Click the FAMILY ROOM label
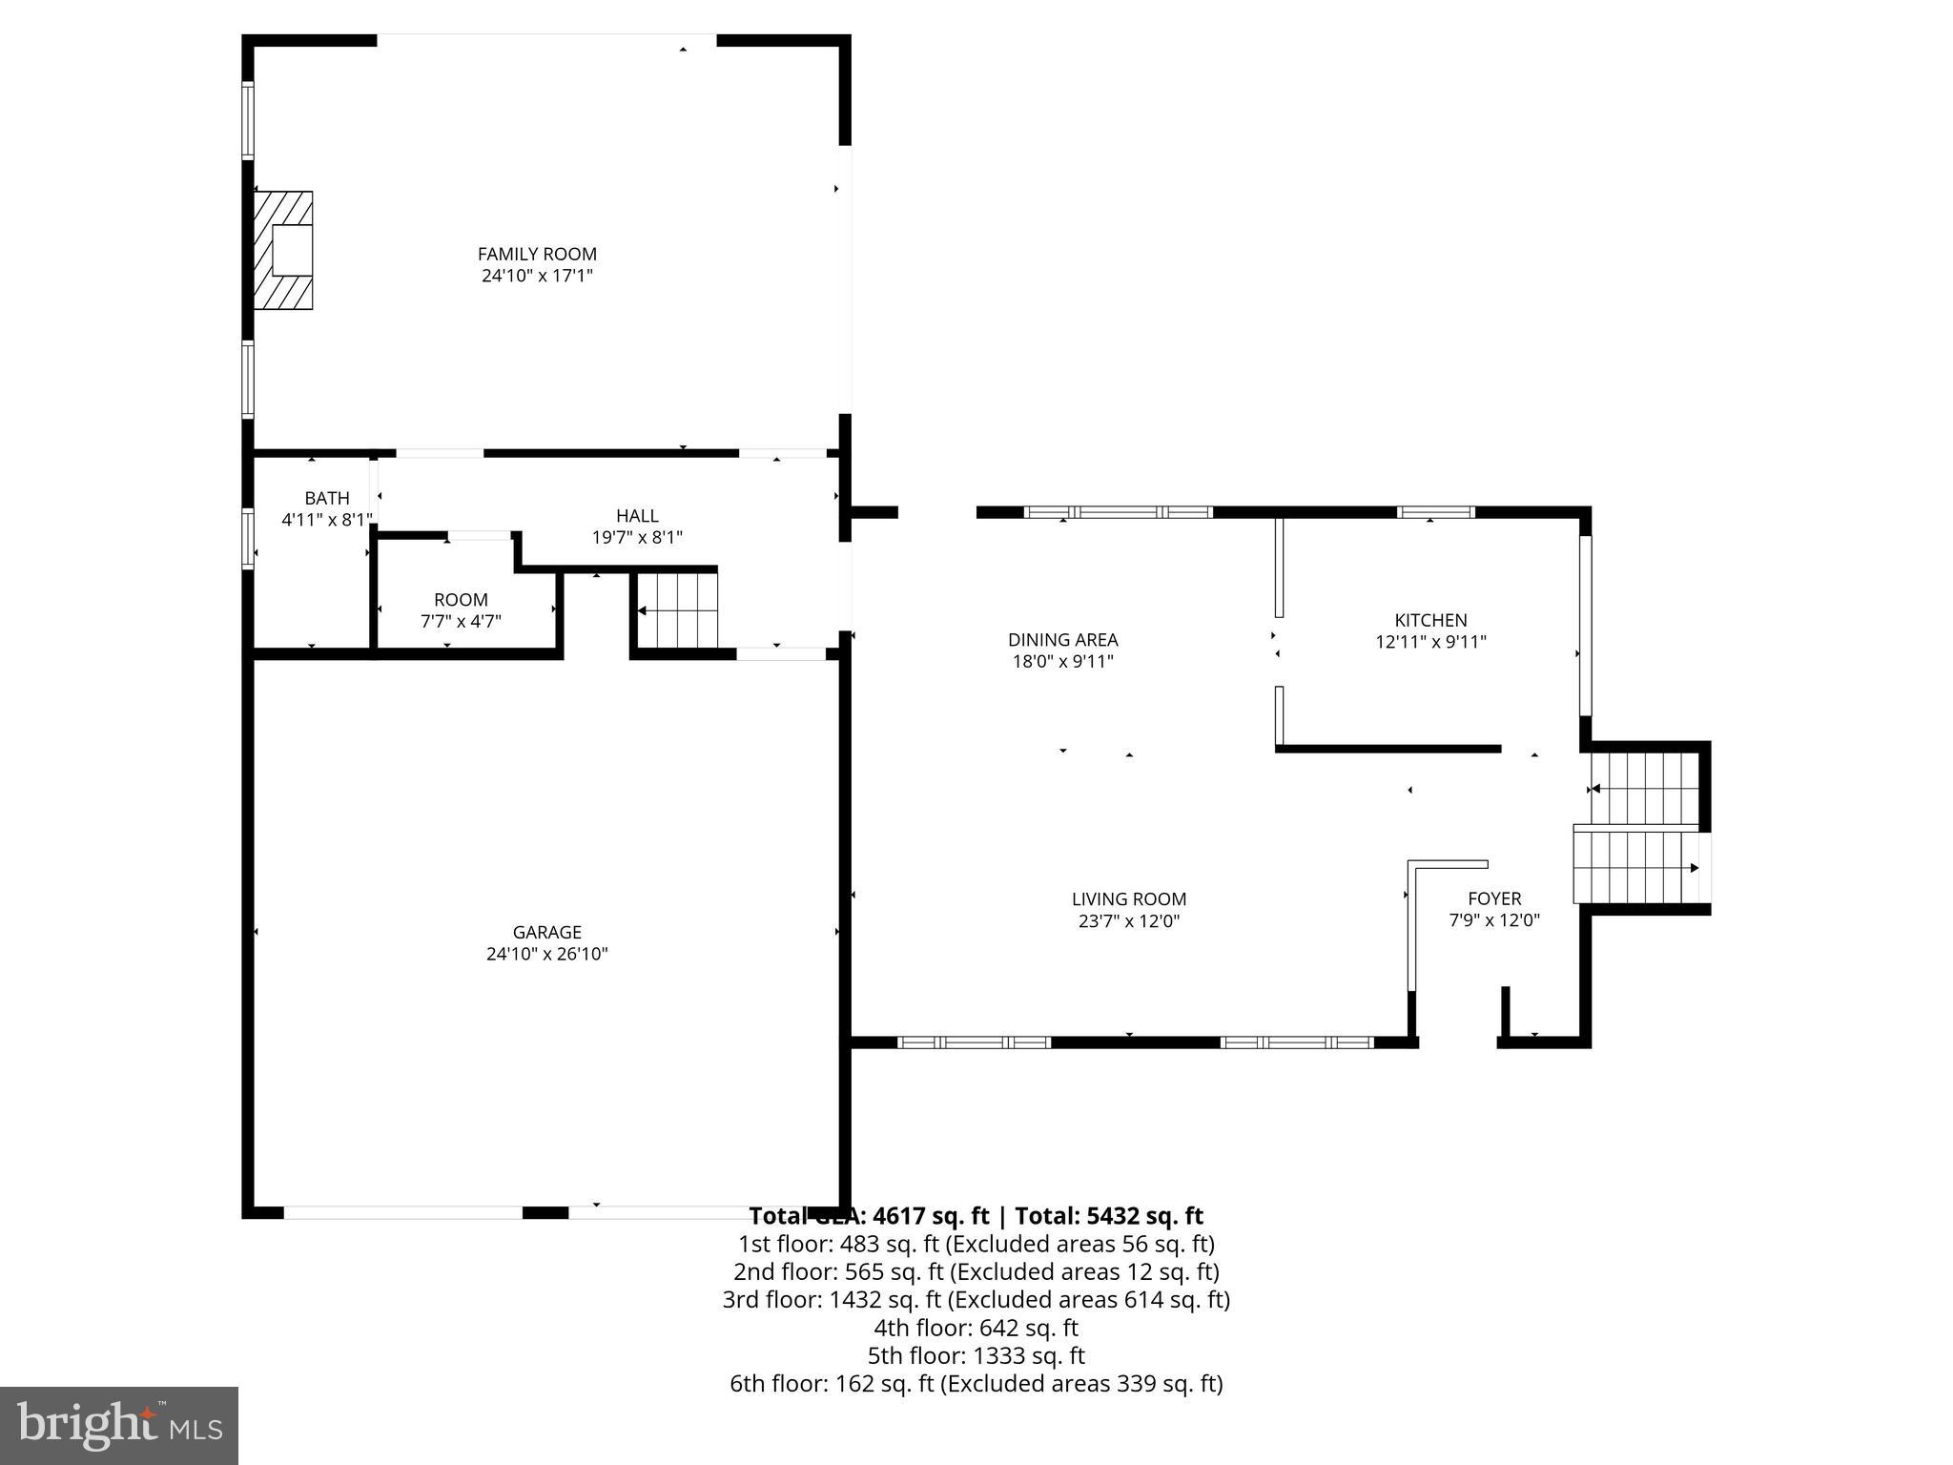coord(537,254)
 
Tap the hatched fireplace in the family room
coord(283,250)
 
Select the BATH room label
coord(327,498)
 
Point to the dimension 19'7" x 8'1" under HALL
coord(637,538)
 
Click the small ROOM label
coord(461,600)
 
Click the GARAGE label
coord(546,932)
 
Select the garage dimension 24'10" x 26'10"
coord(546,954)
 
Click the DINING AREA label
coord(1062,640)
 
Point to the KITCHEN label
coord(1430,620)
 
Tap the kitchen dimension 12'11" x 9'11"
coord(1430,643)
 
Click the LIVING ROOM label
coord(1129,898)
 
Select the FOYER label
coord(1494,898)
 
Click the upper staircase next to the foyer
coord(1645,788)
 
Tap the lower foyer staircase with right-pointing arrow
coord(1637,867)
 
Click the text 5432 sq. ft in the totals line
coord(1142,1216)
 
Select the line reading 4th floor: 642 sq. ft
coord(976,1328)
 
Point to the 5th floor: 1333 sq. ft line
coord(976,1355)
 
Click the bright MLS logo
coord(119,1425)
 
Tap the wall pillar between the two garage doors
coord(545,1212)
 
